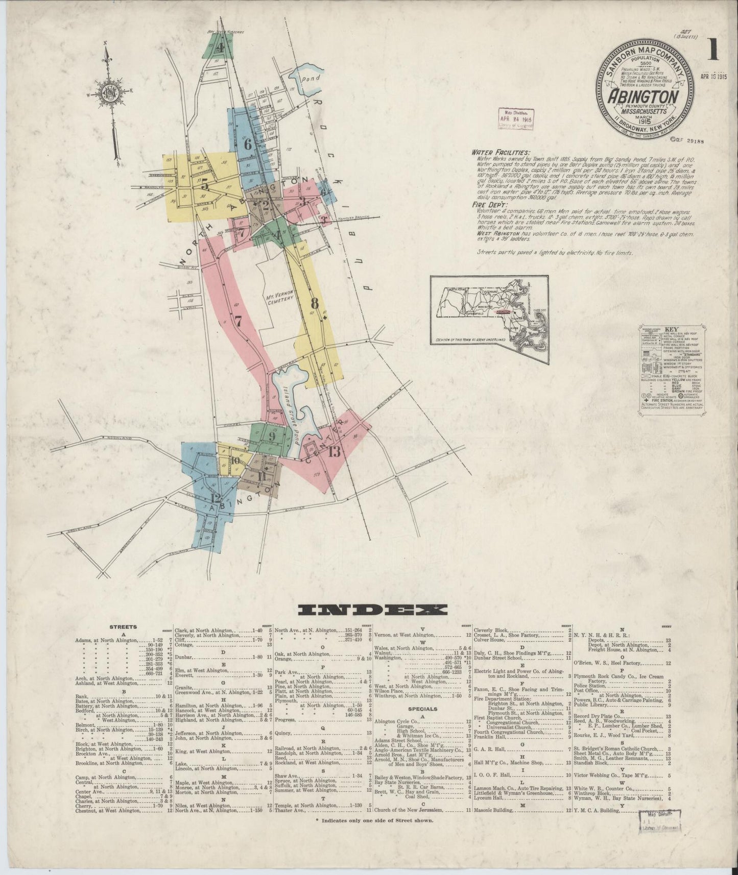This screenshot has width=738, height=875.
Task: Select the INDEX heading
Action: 372,610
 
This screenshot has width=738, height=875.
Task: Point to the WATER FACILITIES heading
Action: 501,152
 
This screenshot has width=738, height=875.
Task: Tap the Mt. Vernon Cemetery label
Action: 278,298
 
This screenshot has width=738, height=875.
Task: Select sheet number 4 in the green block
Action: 221,48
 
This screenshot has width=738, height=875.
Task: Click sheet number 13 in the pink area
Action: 335,451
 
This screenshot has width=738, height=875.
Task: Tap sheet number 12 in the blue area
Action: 215,498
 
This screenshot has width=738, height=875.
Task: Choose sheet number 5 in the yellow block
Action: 205,186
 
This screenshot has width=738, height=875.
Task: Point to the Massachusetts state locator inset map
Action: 489,319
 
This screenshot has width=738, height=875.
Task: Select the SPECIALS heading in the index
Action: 423,709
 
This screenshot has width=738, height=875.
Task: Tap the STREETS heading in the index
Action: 123,626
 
